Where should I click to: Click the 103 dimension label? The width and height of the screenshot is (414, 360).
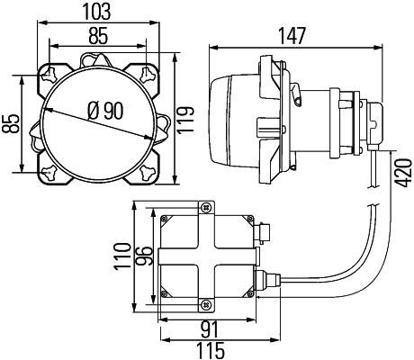pos(96,12)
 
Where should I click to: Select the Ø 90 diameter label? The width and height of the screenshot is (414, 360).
pos(105,111)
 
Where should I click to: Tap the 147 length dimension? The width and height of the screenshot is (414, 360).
pos(292,36)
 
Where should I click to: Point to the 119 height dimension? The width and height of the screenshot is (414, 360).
pos(185,120)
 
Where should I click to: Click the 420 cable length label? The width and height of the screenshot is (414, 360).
pos(403,173)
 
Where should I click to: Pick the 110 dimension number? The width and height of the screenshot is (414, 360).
pos(122,256)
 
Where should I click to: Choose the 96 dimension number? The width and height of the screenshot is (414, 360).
pos(143,256)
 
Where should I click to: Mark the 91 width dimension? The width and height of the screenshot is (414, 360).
pos(210,330)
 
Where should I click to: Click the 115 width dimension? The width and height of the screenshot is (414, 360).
pos(210,350)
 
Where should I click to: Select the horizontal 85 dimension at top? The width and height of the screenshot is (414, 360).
pos(98,36)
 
